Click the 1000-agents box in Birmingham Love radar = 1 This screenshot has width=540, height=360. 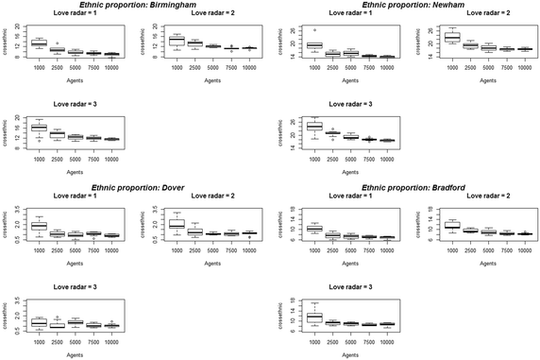[x=39, y=43]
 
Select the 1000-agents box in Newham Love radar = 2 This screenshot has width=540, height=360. [x=451, y=38]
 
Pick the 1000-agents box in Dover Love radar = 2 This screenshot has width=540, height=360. [x=177, y=225]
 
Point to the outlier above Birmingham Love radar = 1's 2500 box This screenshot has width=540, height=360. [x=57, y=43]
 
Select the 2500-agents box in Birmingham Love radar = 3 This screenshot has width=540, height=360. [x=57, y=135]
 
